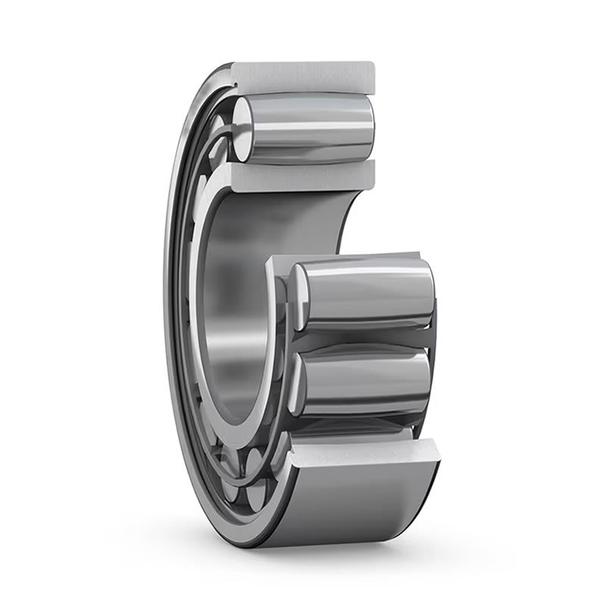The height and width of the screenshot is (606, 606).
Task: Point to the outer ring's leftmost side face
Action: (171, 303)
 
